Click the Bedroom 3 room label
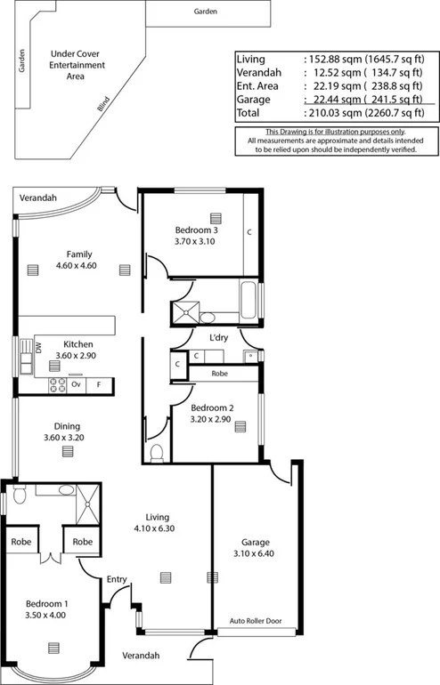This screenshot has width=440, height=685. (x=197, y=230)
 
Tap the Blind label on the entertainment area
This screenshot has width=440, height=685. (x=105, y=109)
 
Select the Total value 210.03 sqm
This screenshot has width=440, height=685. (x=333, y=113)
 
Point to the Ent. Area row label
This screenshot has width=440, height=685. (x=257, y=85)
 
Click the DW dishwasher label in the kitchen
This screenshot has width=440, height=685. (x=38, y=347)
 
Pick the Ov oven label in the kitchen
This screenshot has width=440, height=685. (x=77, y=385)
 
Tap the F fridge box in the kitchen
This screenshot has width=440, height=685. (x=98, y=385)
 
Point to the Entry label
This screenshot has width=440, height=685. (x=117, y=579)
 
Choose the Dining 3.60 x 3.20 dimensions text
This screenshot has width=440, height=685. (x=68, y=438)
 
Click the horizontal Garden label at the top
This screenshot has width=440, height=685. (x=206, y=12)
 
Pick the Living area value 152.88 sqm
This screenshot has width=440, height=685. (x=333, y=58)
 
